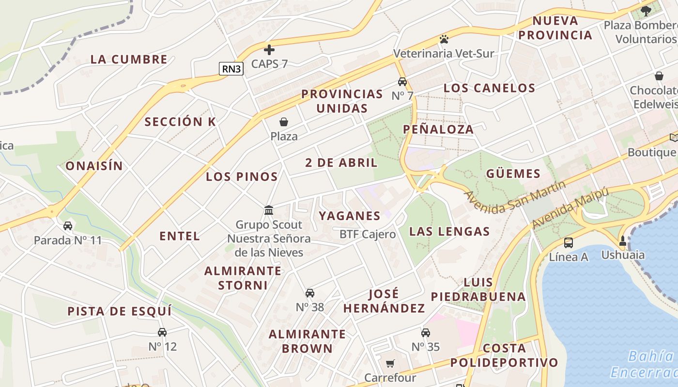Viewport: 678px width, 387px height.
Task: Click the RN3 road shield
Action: coord(231,69)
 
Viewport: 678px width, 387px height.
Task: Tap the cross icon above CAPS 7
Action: coord(269,49)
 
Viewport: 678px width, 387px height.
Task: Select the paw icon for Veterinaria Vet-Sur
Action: coord(444,39)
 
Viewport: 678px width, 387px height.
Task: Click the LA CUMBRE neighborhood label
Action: coord(129,60)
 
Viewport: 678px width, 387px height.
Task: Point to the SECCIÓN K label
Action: coord(180,122)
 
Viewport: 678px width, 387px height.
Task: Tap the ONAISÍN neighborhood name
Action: coord(94,166)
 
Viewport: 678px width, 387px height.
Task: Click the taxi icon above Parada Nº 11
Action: coord(68,226)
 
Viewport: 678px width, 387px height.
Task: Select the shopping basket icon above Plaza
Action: coord(283,122)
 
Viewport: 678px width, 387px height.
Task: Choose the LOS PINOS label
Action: coord(242,177)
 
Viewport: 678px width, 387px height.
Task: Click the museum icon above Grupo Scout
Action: coord(269,210)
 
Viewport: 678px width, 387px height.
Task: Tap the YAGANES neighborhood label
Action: coord(350,216)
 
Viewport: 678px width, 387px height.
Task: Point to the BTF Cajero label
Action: coord(368,235)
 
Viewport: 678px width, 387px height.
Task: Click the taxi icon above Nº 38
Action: coord(310,293)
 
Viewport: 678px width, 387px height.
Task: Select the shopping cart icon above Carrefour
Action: coord(390,363)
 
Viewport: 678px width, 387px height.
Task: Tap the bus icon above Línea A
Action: coord(569,243)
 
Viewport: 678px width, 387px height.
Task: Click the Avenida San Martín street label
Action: coord(515,196)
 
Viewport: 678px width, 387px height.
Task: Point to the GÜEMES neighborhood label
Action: coord(513,174)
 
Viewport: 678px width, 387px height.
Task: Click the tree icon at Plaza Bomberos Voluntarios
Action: coord(646,11)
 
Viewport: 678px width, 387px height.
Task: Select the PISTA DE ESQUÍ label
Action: coord(119,311)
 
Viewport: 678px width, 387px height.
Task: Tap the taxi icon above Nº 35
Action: coord(426,333)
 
